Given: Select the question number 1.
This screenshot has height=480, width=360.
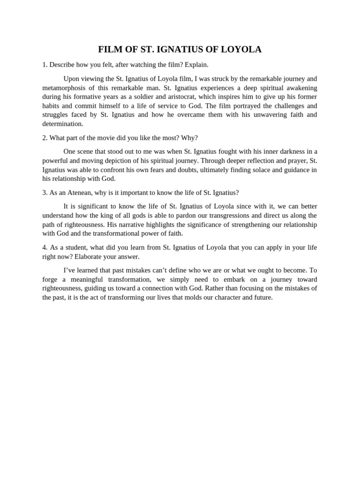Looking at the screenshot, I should (45, 65).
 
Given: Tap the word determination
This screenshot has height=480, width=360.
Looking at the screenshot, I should (62, 124).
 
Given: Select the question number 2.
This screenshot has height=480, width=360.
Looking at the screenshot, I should (45, 138).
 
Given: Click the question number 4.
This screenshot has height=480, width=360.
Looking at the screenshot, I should (45, 247).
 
